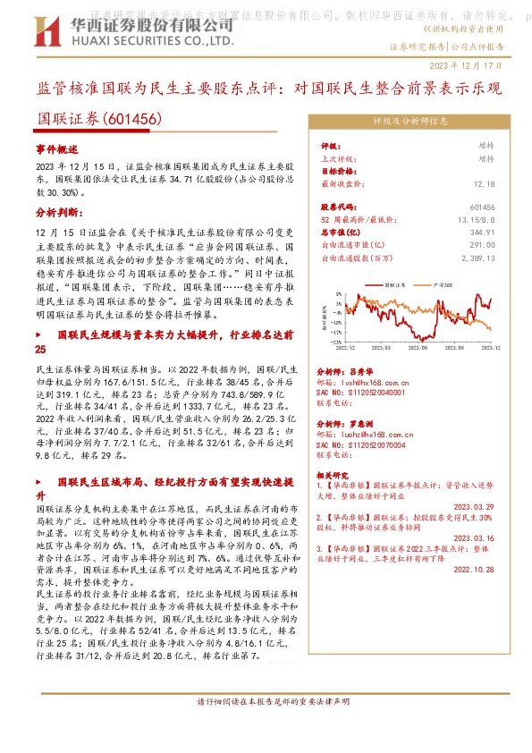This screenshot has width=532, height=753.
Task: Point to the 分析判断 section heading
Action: [x=59, y=213]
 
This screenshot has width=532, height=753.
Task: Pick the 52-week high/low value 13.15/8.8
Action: [x=475, y=219]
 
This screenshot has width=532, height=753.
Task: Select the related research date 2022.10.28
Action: [x=478, y=569]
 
